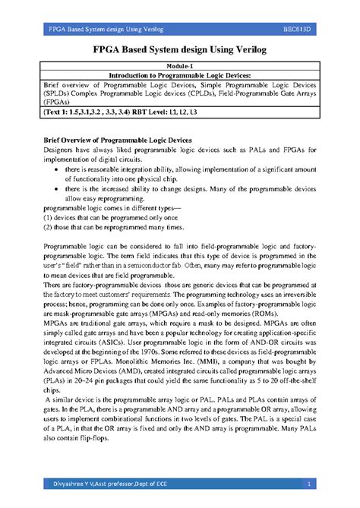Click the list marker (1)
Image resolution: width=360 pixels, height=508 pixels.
click(47, 238)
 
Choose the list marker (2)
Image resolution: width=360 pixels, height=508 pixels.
click(47, 248)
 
